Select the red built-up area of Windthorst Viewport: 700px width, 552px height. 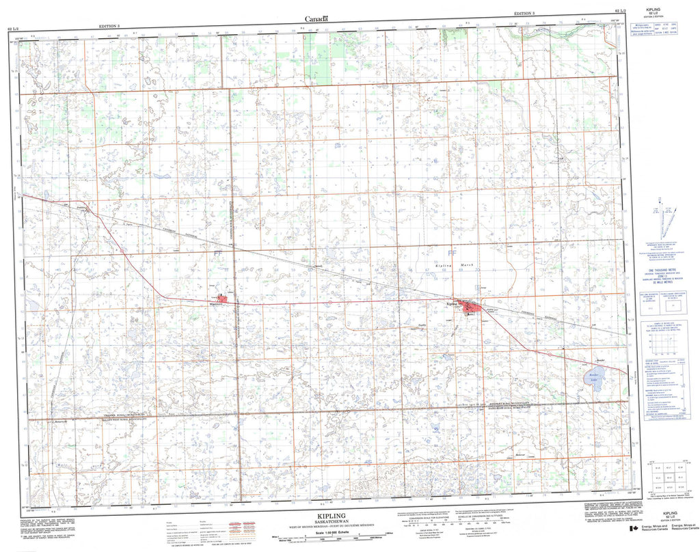point(222,299)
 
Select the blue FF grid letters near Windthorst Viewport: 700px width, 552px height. point(218,253)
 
